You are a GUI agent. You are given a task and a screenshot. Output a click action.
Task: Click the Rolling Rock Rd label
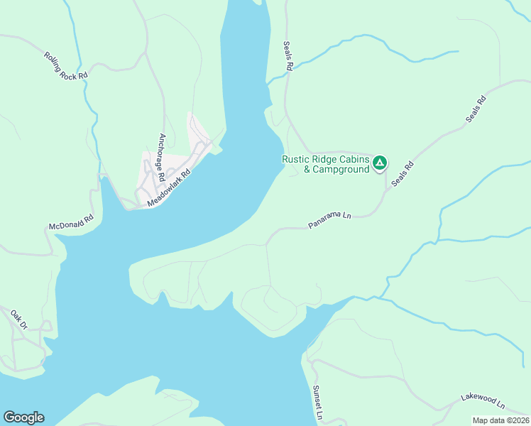(65, 65)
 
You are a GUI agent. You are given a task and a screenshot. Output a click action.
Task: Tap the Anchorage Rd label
(162, 158)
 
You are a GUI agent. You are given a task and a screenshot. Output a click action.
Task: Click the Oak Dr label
(18, 319)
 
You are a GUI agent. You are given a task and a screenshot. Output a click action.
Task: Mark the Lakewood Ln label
(481, 403)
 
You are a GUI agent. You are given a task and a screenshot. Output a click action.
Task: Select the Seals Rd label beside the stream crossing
(288, 55)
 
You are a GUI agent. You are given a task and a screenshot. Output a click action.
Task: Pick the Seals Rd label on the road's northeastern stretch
(477, 109)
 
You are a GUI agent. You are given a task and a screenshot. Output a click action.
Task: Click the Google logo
(23, 417)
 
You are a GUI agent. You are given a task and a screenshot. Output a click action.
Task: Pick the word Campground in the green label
(341, 170)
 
